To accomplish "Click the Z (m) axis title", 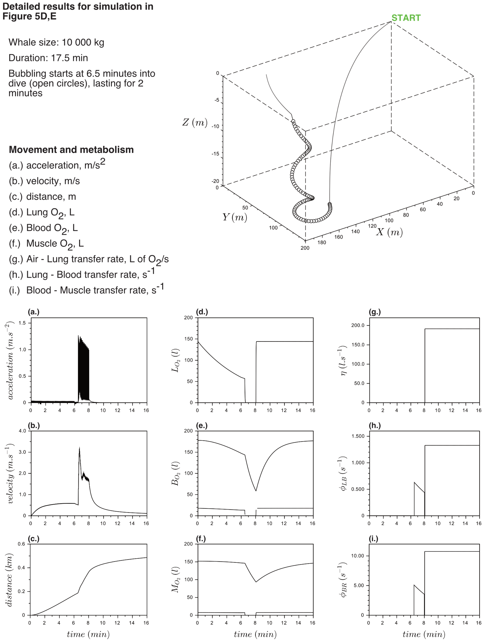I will pyautogui.click(x=195, y=122).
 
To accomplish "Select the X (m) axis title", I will pyautogui.click(x=389, y=232).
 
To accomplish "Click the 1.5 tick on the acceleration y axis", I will pyautogui.click(x=22, y=323).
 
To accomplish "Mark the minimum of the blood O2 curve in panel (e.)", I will pyautogui.click(x=256, y=491).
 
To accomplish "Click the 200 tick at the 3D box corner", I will pyautogui.click(x=305, y=248).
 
